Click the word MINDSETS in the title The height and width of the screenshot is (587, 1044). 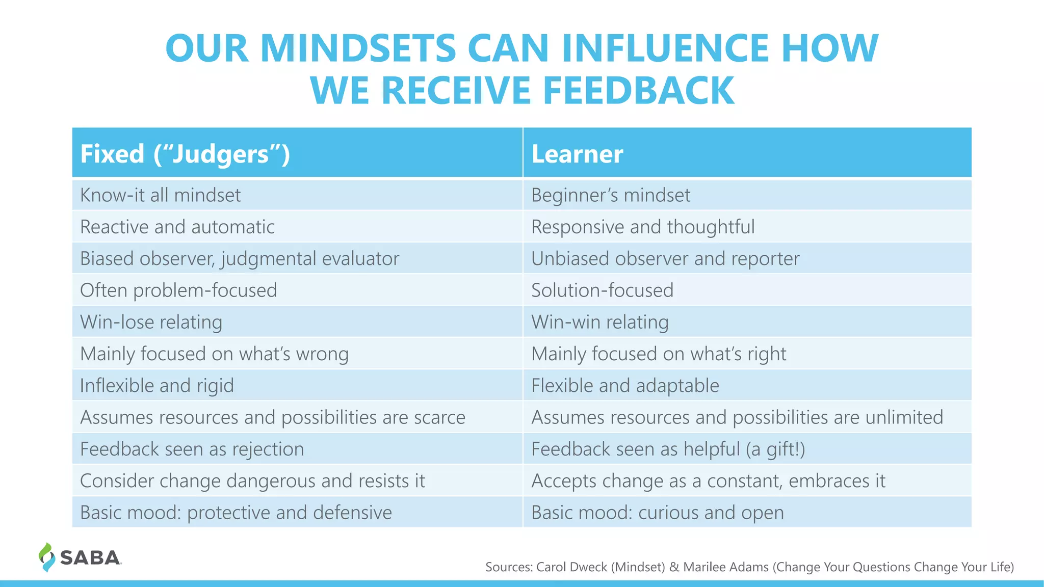tap(358, 48)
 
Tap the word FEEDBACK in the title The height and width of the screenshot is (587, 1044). tap(639, 91)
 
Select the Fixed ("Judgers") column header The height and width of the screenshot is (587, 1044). tap(185, 154)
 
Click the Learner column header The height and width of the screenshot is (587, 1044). tap(577, 154)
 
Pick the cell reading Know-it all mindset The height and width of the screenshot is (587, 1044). tap(160, 195)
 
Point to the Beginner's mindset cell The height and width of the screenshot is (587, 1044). tap(611, 195)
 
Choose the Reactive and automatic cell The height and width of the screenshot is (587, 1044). tap(177, 227)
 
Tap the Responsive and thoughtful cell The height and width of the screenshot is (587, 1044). tap(643, 227)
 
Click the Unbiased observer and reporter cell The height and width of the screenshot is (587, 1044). tap(665, 258)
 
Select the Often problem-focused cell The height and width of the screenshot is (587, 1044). tap(178, 290)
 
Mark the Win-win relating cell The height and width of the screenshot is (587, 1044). tap(600, 322)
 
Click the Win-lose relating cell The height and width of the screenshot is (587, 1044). tap(151, 322)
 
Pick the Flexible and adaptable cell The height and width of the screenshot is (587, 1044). tap(625, 386)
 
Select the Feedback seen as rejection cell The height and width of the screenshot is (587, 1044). tap(192, 449)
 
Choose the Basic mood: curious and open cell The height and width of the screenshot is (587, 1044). tap(658, 513)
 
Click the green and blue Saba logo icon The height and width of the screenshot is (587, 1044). tap(46, 557)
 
